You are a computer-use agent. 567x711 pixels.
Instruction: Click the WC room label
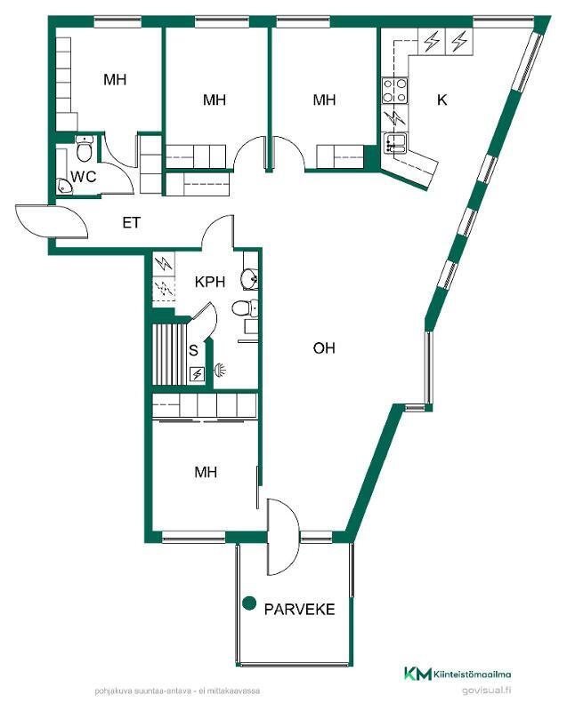(x=84, y=176)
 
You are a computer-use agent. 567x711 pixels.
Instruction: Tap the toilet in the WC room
(x=84, y=148)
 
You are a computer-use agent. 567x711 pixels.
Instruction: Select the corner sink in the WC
(x=64, y=187)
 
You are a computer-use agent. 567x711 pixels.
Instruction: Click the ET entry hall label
(x=132, y=223)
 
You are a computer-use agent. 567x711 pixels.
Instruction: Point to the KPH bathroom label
(x=210, y=282)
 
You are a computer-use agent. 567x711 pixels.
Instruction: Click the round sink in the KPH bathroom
(x=249, y=279)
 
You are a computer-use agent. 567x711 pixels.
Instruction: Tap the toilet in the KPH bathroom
(x=245, y=308)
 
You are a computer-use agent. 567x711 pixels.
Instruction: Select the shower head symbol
(x=221, y=370)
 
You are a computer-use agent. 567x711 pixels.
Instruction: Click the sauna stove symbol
(x=198, y=374)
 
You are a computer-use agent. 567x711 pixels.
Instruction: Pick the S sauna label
(x=194, y=350)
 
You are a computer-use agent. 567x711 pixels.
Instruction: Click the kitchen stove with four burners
(x=394, y=91)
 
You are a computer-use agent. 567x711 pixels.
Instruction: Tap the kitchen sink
(x=395, y=142)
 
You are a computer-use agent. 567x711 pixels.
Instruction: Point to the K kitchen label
(x=442, y=100)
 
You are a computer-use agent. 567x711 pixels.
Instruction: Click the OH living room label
(x=324, y=348)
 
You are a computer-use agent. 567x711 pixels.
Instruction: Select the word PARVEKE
(x=300, y=609)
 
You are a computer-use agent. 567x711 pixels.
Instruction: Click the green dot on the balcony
(x=249, y=603)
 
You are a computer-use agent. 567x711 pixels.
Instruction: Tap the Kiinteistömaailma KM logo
(x=458, y=675)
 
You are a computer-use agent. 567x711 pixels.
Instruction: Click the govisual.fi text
(x=487, y=691)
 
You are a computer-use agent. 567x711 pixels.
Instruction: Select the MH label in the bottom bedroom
(x=206, y=473)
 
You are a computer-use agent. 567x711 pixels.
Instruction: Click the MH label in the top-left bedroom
(x=115, y=80)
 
